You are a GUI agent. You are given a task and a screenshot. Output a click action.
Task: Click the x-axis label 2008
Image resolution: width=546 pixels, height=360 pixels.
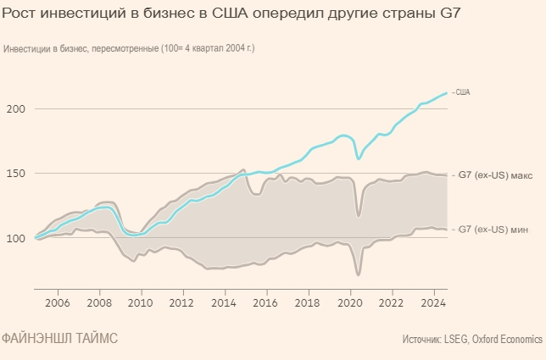98,302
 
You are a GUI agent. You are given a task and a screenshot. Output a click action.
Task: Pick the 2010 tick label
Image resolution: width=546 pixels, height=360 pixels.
140,302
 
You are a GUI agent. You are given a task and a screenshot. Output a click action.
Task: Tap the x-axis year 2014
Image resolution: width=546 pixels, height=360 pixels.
224,302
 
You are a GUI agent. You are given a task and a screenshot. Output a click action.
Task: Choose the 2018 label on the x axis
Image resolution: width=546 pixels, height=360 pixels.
308,302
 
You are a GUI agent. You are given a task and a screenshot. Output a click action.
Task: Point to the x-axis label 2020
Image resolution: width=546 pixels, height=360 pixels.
349,302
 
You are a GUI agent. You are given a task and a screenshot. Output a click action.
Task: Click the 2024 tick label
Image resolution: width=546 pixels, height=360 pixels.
433,302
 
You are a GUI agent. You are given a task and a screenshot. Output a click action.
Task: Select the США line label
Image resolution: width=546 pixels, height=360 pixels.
463,91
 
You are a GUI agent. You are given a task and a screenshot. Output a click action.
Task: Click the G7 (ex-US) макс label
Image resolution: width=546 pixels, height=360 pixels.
495,175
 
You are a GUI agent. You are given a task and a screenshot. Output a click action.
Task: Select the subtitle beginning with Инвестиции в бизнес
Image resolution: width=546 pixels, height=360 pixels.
129,48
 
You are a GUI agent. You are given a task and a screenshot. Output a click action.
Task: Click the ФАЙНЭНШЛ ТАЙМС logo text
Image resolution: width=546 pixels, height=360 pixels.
59,339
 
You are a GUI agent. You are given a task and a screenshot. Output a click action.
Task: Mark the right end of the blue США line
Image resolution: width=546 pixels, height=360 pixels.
447,93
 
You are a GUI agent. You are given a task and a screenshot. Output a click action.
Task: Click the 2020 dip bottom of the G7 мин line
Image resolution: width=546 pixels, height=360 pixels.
359,274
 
